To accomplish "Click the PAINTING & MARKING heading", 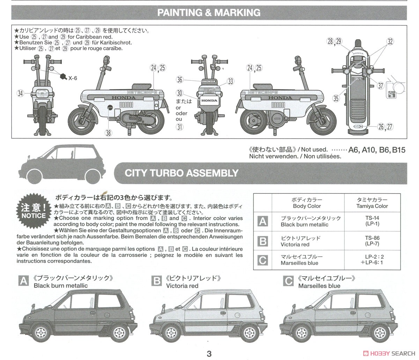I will point(209,13).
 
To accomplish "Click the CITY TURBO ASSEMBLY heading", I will point(182,173).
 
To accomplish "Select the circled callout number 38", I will point(109,132).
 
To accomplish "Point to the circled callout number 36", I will point(179,80).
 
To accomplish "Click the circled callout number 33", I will point(230,81).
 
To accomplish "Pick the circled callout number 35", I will point(336,98).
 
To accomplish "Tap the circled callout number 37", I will point(380,86).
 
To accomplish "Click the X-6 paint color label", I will point(73,78).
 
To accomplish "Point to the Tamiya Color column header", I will point(372,203).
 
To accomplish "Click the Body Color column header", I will point(307,203).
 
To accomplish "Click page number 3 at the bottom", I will point(209,354).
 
